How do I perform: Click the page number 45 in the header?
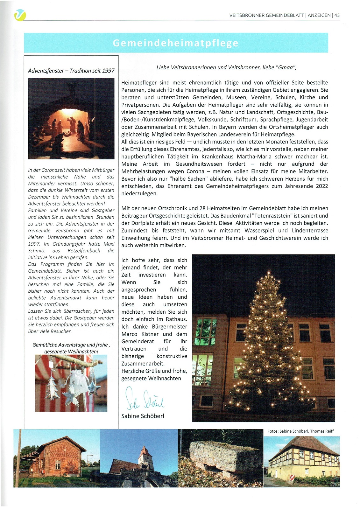pyautogui.click(x=337, y=15)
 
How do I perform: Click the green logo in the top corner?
pyautogui.click(x=20, y=15)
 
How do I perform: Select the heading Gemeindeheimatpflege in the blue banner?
pyautogui.click(x=175, y=43)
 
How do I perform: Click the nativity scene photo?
pyautogui.click(x=71, y=118)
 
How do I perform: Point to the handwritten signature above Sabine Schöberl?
pyautogui.click(x=145, y=398)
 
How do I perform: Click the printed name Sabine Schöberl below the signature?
pyautogui.click(x=143, y=416)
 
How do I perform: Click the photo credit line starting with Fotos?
pyautogui.click(x=300, y=431)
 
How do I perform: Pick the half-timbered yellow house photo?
pyautogui.click(x=301, y=461)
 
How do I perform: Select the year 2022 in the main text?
pyautogui.click(x=322, y=186)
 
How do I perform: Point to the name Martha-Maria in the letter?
pyautogui.click(x=254, y=157)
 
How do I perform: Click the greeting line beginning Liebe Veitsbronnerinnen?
pyautogui.click(x=226, y=67)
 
